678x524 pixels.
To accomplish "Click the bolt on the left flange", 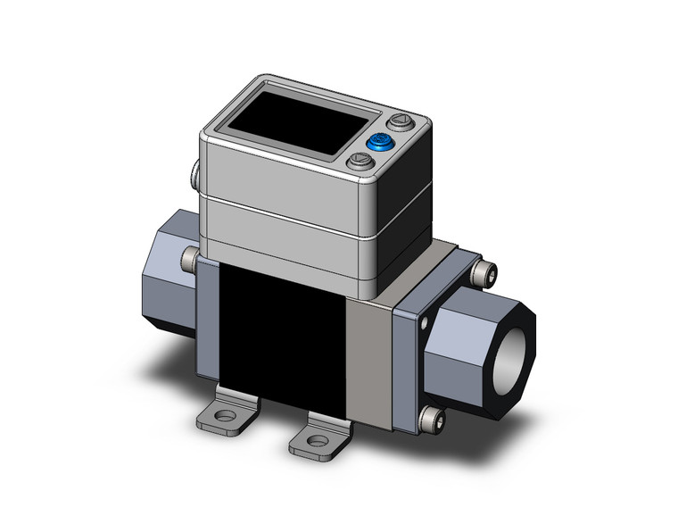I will (188, 260).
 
